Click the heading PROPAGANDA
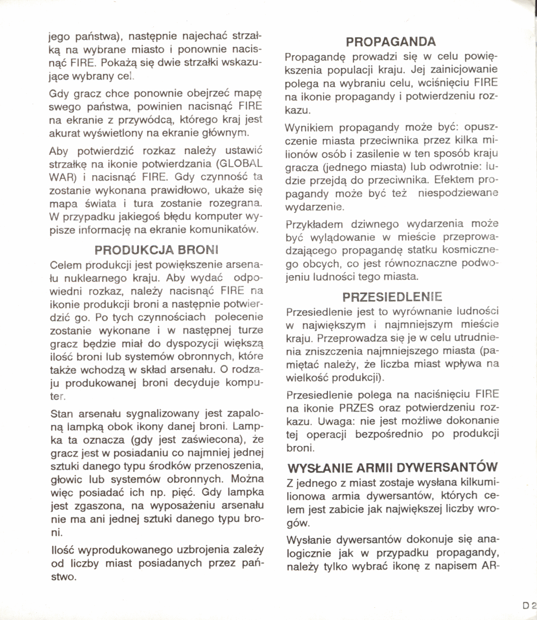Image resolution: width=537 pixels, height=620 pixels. tap(391, 41)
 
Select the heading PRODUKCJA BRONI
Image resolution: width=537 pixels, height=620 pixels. tap(156, 250)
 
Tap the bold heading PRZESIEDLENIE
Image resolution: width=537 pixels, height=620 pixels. tap(392, 297)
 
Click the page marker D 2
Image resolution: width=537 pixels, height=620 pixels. tap(529, 606)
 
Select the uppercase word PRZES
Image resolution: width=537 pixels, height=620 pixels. tap(356, 408)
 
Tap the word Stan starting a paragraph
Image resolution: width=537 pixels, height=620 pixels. tap(61, 414)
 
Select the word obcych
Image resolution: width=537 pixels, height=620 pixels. tap(319, 264)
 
